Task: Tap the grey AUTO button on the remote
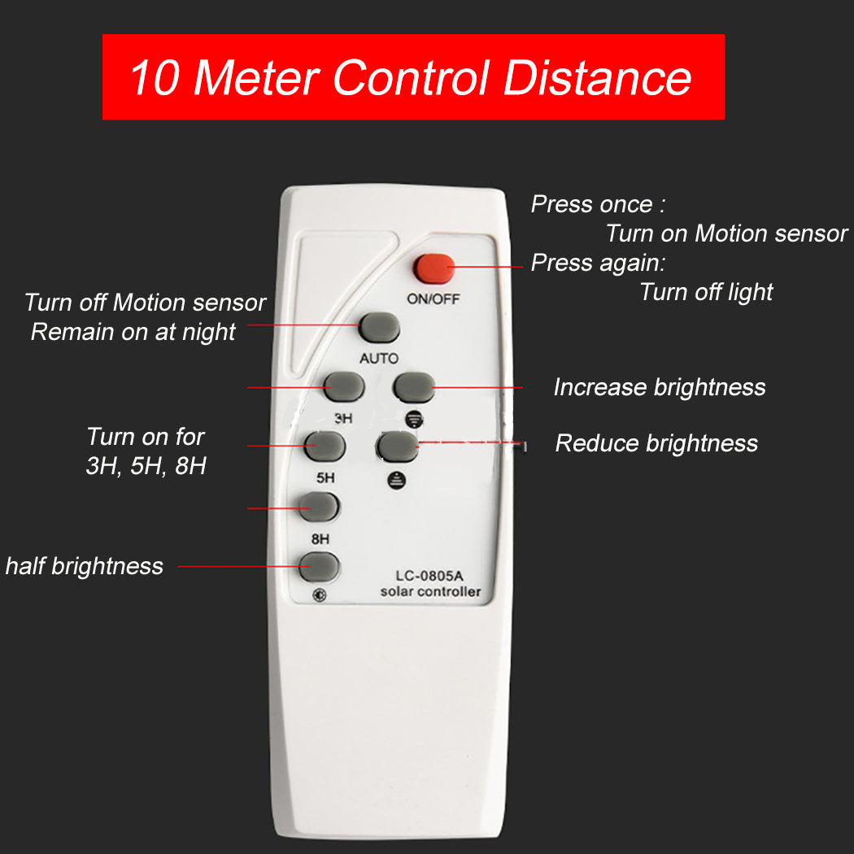point(380,327)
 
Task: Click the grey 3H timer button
point(343,386)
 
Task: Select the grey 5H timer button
point(325,445)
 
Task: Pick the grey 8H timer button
point(319,506)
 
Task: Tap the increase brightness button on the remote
point(413,386)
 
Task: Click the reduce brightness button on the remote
point(397,446)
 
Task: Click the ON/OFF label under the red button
point(434,298)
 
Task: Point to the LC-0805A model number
point(429,576)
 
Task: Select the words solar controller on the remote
point(430,592)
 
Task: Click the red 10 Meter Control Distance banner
point(413,77)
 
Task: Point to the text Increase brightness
point(659,387)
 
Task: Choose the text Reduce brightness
point(656,443)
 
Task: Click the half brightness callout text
point(85,566)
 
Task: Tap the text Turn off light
point(706,292)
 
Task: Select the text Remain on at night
point(133,332)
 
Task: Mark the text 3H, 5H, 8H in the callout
point(146,468)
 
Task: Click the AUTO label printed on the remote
point(379,359)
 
